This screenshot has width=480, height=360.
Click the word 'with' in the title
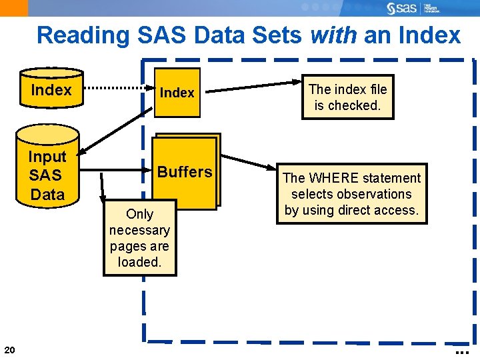[333, 35]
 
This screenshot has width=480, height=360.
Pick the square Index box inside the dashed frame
[177, 93]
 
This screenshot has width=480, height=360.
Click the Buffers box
[185, 172]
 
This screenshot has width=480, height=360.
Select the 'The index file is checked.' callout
[347, 97]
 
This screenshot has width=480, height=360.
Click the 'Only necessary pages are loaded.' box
[139, 237]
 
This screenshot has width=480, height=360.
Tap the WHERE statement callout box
[352, 194]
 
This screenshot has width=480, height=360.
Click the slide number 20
[9, 350]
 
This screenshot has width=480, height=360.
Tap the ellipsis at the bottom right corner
[461, 351]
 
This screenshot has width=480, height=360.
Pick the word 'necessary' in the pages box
[139, 230]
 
